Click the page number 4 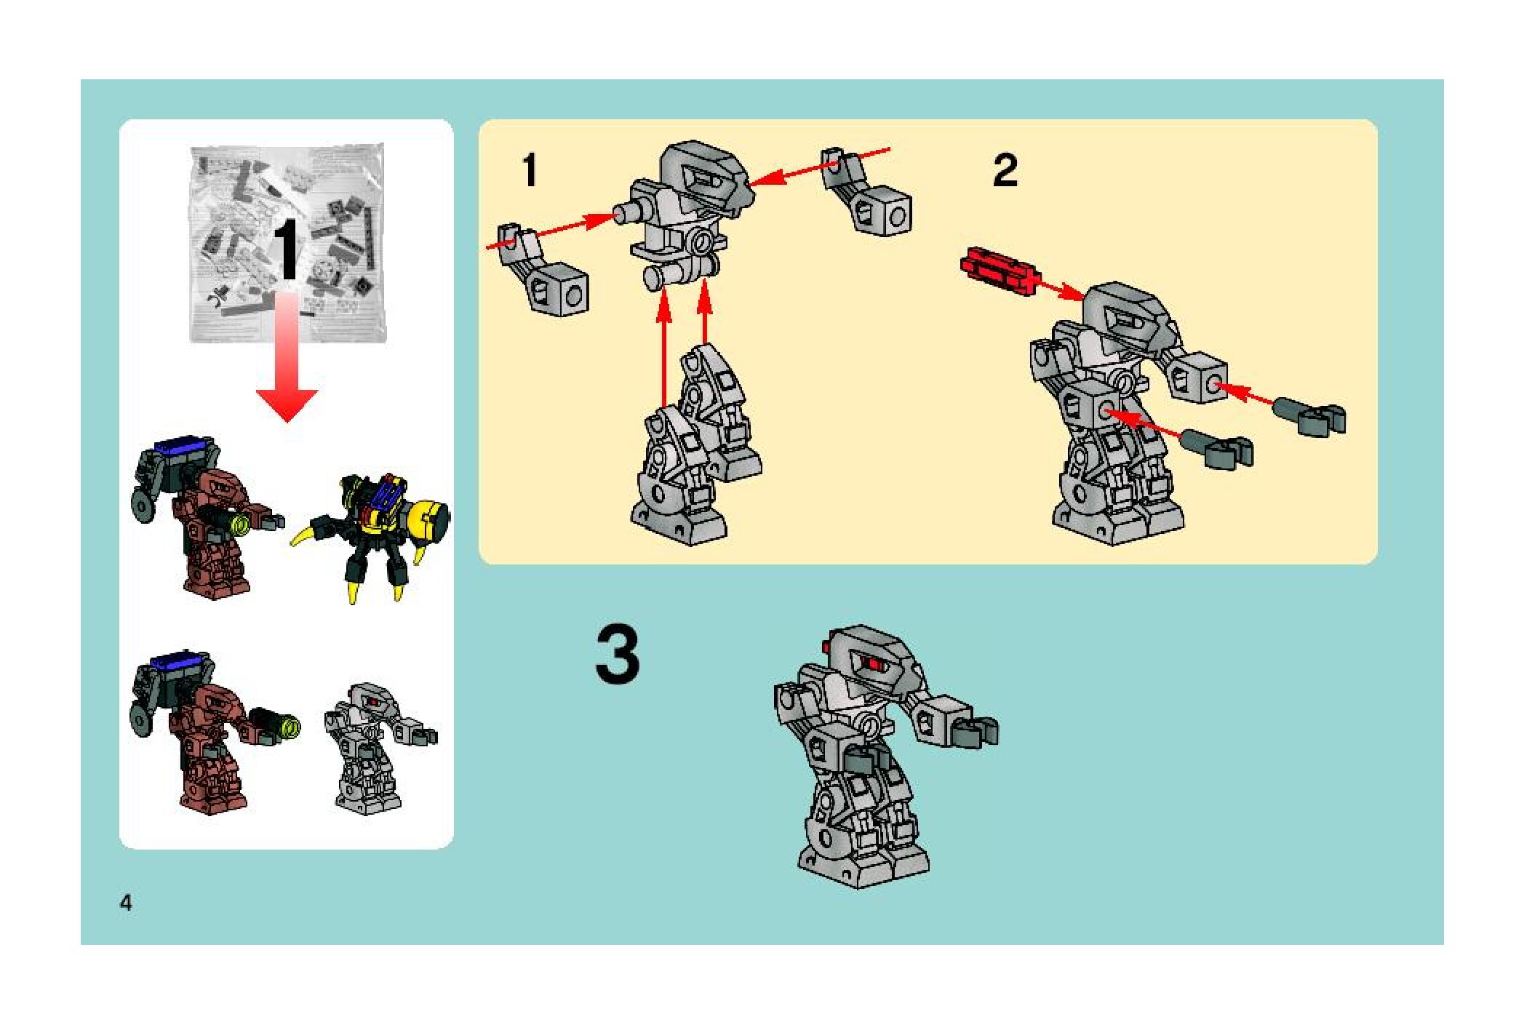click(127, 903)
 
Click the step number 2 click(1005, 171)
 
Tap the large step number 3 click(618, 657)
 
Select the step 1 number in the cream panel click(530, 171)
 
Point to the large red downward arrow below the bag click(287, 356)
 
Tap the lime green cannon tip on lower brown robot click(290, 724)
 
